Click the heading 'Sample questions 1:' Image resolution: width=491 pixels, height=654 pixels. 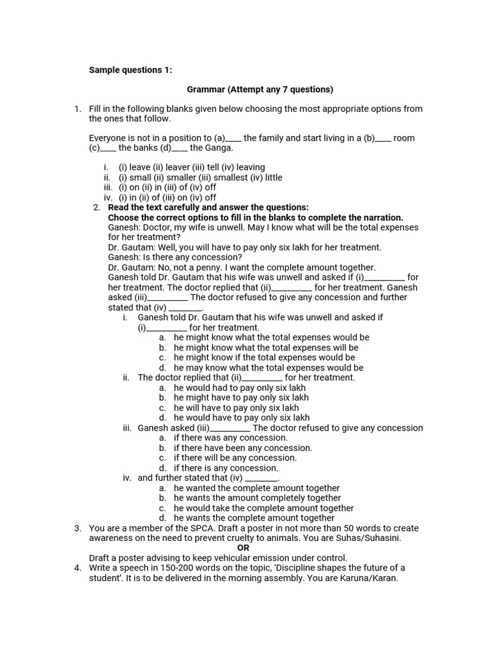click(x=126, y=70)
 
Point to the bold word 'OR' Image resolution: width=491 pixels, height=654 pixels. click(x=244, y=548)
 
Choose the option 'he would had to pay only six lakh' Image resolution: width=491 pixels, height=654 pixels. click(x=241, y=388)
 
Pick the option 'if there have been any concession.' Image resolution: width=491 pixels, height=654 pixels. click(x=243, y=448)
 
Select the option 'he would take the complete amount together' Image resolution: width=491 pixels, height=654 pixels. click(x=263, y=508)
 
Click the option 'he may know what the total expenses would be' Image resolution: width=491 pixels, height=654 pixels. click(x=269, y=368)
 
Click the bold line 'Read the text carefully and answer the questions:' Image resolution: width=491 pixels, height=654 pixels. click(x=208, y=208)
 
